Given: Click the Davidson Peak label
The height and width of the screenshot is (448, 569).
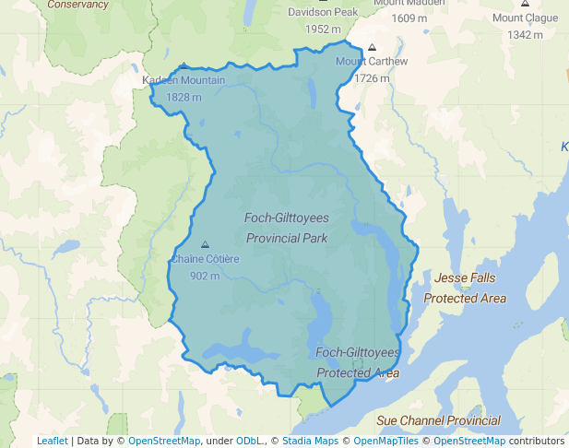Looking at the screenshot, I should (322, 13).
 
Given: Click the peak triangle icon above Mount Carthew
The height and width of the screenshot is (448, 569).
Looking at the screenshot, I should (372, 47).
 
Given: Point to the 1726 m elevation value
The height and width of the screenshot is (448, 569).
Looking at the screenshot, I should (372, 78).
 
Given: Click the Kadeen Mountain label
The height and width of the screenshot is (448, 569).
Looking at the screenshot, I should (184, 81).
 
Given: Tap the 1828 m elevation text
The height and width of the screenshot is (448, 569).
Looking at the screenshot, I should (184, 97).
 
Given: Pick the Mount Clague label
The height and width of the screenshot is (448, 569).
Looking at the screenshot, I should (525, 18).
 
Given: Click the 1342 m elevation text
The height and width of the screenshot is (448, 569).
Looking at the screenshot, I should (525, 35).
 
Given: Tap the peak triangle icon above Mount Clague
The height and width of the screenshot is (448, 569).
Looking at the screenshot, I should (525, 4).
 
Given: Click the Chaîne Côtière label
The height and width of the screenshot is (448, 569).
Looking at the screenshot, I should (205, 259).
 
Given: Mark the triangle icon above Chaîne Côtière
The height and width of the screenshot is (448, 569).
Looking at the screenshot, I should (205, 244).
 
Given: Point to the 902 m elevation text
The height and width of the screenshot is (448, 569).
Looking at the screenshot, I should (205, 276).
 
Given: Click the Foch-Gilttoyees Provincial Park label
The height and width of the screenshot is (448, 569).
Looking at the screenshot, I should (286, 228).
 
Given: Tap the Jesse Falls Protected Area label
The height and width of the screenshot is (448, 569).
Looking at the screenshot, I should (465, 288).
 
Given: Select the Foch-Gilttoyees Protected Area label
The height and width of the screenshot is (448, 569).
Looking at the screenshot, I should (358, 362).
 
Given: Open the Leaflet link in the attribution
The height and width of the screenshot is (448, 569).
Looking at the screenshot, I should (53, 441).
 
